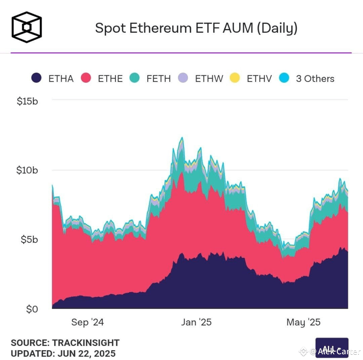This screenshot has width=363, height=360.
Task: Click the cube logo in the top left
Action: click(x=27, y=25)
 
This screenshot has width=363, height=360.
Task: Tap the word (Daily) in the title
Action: click(x=277, y=28)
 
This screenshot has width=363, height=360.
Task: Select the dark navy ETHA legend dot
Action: click(x=36, y=78)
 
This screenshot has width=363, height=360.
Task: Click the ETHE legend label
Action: click(x=110, y=79)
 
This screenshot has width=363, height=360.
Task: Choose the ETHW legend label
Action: click(x=209, y=79)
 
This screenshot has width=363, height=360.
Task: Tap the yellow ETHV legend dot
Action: click(x=235, y=78)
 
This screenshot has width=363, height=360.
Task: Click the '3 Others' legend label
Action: click(x=315, y=79)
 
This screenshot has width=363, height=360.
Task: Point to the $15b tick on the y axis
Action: click(x=27, y=101)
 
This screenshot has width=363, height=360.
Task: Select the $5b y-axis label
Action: click(x=29, y=240)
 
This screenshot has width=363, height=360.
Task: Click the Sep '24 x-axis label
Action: click(x=87, y=322)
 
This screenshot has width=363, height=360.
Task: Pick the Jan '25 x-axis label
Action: click(x=196, y=322)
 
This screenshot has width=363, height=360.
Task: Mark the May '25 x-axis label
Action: click(x=304, y=322)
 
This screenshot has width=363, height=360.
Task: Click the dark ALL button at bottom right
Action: click(x=332, y=348)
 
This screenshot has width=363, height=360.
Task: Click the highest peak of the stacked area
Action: click(x=182, y=138)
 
